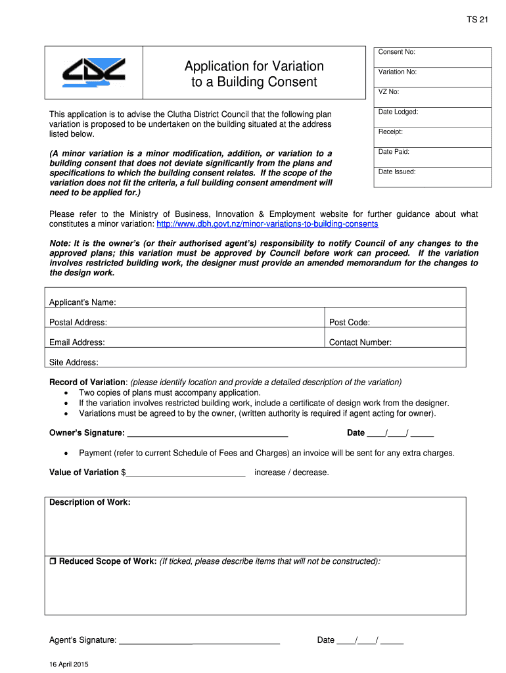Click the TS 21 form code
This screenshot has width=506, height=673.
pyautogui.click(x=478, y=20)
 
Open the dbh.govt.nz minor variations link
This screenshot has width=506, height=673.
pyautogui.click(x=267, y=224)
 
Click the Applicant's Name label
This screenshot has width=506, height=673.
pyautogui.click(x=83, y=302)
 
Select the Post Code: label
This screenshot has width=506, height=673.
pyautogui.click(x=349, y=322)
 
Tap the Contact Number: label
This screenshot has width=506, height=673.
pyautogui.click(x=360, y=342)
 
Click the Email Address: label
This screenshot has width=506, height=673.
pyautogui.click(x=77, y=342)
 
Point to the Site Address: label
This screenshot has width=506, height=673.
pyautogui.click(x=74, y=362)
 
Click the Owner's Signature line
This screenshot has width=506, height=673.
pyautogui.click(x=207, y=433)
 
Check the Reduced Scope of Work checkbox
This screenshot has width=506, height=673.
pyautogui.click(x=53, y=562)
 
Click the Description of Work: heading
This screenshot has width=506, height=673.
pyautogui.click(x=90, y=503)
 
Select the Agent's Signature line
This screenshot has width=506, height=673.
pyautogui.click(x=199, y=640)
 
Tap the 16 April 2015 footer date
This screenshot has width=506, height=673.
pyautogui.click(x=69, y=664)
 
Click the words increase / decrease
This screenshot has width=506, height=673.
pyautogui.click(x=292, y=473)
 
